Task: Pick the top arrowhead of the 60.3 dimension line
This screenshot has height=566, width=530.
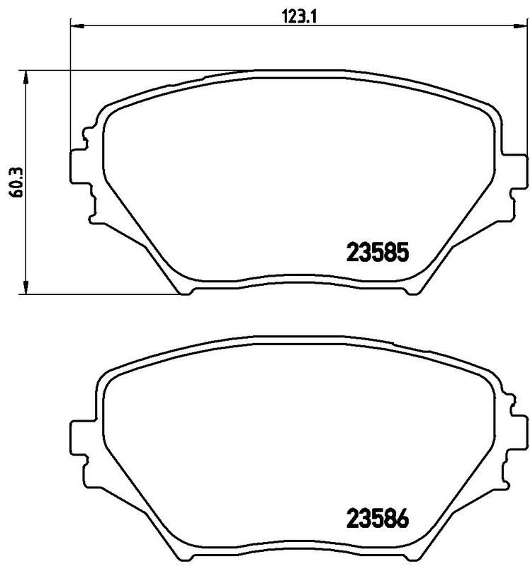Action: (x=27, y=76)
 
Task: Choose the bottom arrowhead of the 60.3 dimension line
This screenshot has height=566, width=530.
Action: (x=27, y=287)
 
